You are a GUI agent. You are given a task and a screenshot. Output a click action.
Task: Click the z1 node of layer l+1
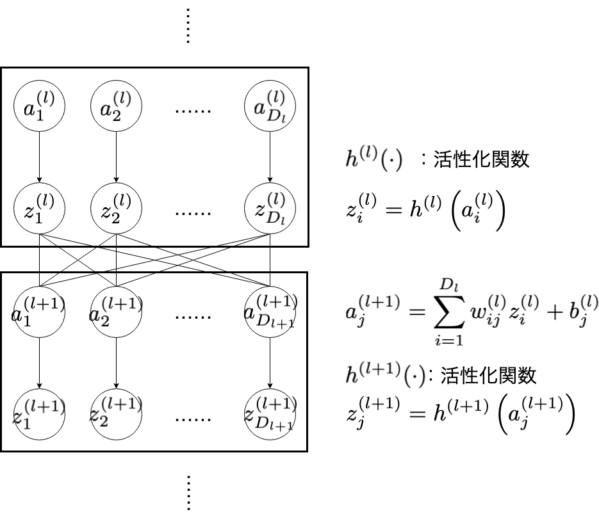(x=40, y=414)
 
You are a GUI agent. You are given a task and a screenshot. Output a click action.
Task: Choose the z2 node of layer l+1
(x=116, y=414)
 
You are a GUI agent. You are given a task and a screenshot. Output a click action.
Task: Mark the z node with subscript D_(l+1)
(x=269, y=414)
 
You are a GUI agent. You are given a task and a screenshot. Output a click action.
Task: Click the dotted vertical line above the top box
(x=188, y=25)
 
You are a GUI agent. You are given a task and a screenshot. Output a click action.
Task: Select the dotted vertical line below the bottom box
(x=188, y=493)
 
